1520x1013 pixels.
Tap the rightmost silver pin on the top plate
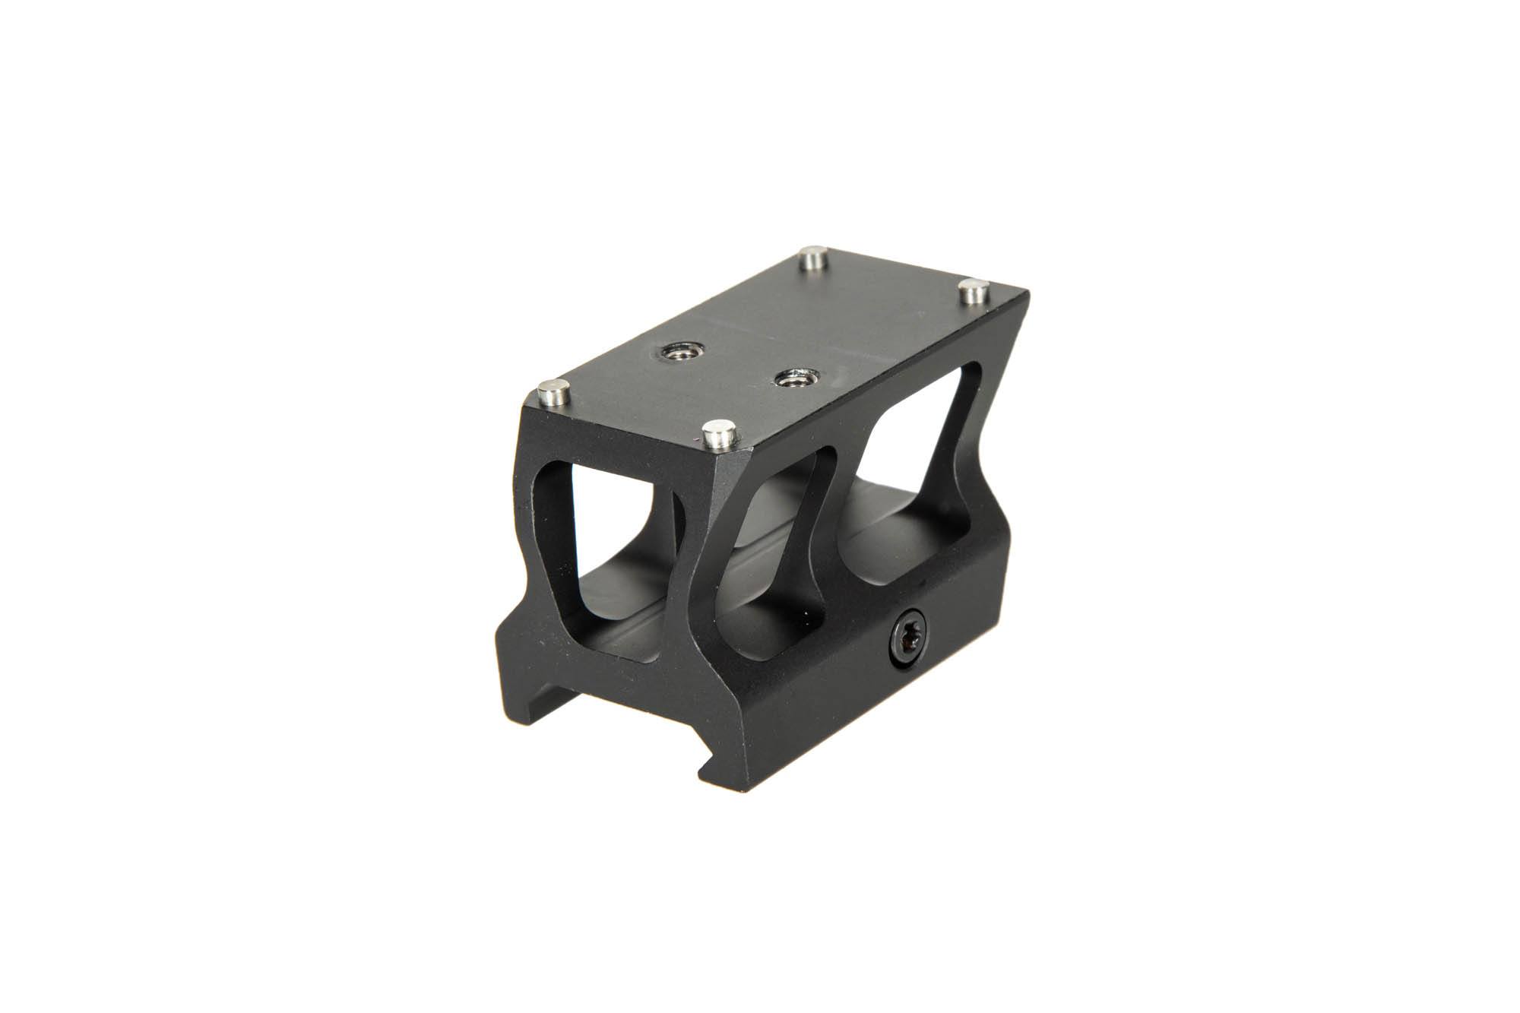[x=971, y=292]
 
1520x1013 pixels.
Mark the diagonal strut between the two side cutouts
[x=844, y=502]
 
